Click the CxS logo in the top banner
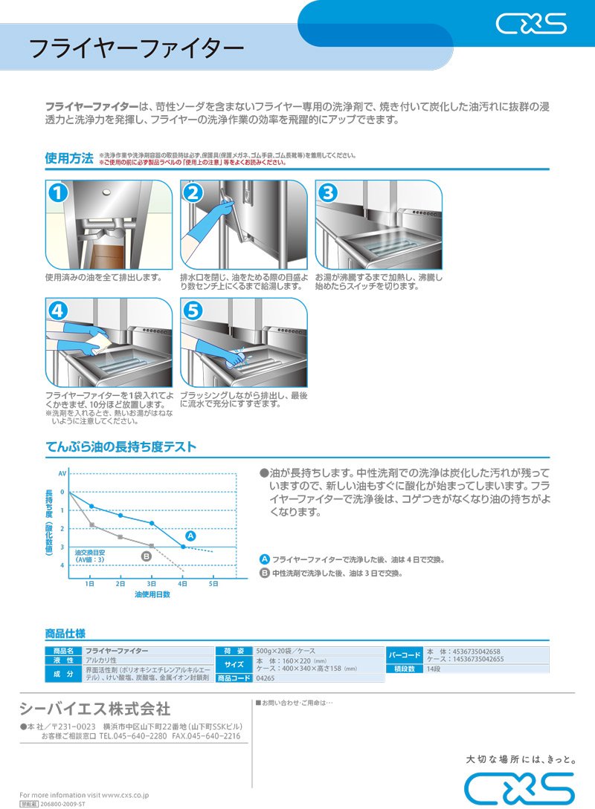pos(531,25)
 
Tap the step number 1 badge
pos(59,194)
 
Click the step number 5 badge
pos(193,311)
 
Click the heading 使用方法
pos(69,158)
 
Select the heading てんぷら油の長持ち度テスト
pos(121,446)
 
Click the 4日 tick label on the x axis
pos(183,584)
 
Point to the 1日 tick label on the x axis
pos(89,584)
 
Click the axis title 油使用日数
pos(152,595)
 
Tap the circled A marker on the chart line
pos(190,535)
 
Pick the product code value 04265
pos(265,678)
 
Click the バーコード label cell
pos(405,655)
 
